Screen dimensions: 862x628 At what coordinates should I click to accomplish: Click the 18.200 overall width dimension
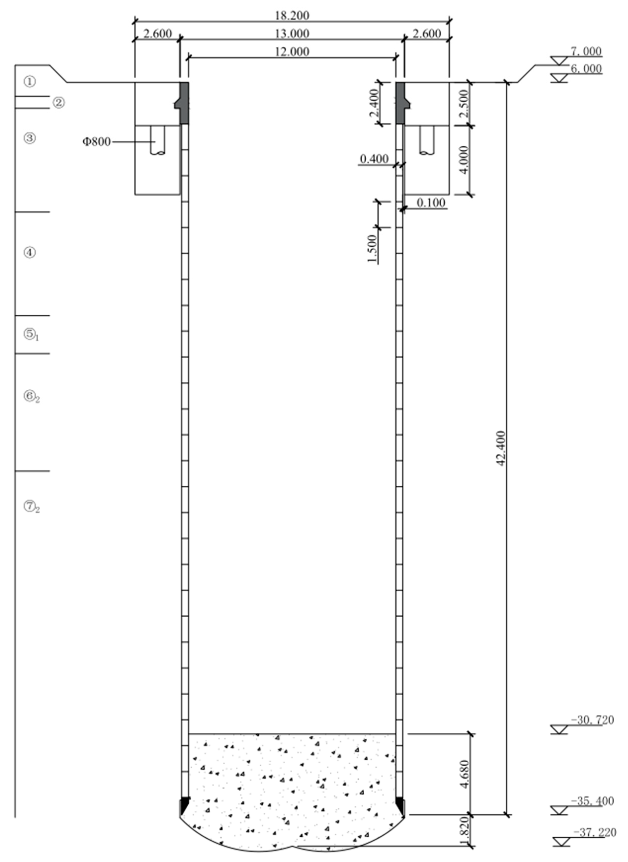pos(292,15)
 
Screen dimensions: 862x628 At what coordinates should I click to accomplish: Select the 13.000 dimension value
pos(292,33)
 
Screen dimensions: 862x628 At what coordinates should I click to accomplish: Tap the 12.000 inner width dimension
pos(292,51)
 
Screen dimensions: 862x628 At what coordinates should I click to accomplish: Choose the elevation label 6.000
pos(586,69)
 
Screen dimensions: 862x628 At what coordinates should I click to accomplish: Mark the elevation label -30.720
pos(592,720)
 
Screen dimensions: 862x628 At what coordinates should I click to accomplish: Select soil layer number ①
pos(30,81)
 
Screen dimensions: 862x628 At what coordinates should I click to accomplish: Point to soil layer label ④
pos(30,253)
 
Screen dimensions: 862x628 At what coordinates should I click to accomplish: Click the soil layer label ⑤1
pos(32,335)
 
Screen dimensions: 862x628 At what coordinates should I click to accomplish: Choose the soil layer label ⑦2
pos(32,506)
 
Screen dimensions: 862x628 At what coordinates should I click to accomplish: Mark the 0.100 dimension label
pos(431,203)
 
